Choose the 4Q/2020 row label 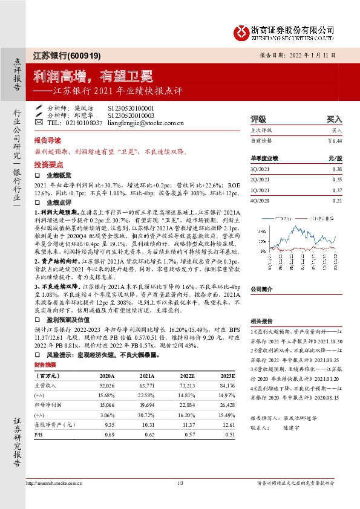click(x=259, y=200)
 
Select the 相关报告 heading click(x=261, y=321)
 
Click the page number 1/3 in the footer click(x=180, y=482)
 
